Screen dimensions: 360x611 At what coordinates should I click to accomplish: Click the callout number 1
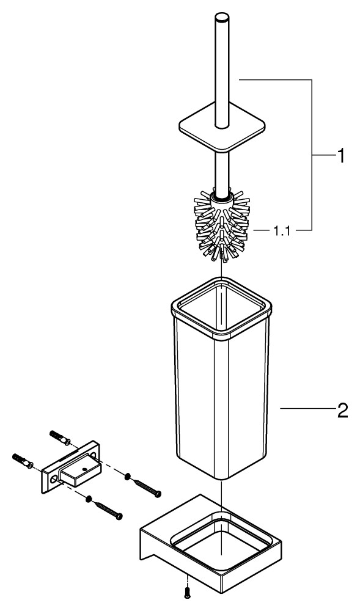pyautogui.click(x=340, y=156)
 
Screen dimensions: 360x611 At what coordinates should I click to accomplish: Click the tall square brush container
pyautogui.click(x=221, y=378)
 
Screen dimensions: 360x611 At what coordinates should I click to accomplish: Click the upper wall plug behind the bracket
pyautogui.click(x=60, y=437)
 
